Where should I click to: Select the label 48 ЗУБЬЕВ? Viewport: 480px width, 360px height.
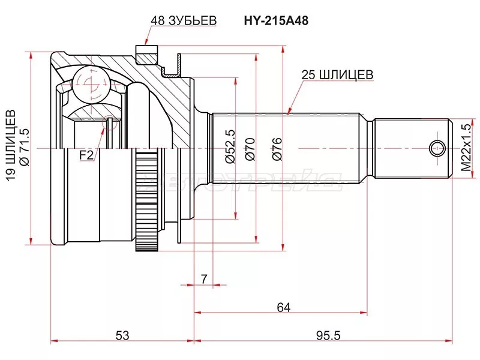coord(183,20)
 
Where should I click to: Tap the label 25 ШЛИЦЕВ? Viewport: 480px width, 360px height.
coord(337,74)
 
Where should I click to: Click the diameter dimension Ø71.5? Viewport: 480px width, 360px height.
coord(25,148)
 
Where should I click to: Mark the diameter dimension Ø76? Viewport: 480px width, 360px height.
coord(276,148)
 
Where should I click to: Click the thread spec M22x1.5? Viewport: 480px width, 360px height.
coord(466,147)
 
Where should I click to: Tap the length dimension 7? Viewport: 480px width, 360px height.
coord(203,278)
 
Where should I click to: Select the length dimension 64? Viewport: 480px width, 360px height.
coord(284,307)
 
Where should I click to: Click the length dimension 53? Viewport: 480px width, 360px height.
coord(122,336)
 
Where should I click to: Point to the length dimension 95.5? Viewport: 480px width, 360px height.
coord(324,336)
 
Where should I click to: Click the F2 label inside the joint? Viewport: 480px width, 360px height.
coord(87,155)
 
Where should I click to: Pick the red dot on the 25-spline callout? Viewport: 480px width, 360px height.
coord(289,111)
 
